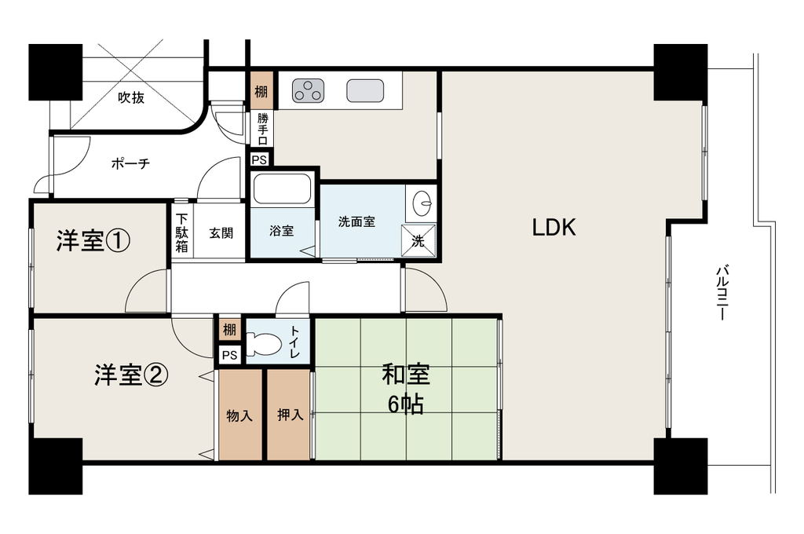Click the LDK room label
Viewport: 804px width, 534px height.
(x=554, y=227)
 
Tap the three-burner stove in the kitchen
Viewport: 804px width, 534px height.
(x=308, y=91)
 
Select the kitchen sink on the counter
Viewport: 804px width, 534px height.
(x=365, y=91)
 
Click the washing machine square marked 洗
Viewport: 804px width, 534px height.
(x=418, y=240)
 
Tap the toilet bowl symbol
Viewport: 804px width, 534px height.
(x=264, y=344)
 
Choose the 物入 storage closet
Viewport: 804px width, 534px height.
(x=240, y=415)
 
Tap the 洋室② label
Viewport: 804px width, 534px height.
(x=131, y=375)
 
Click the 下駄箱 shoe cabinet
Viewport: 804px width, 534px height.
(x=182, y=233)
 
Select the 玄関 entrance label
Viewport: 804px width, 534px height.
(x=221, y=233)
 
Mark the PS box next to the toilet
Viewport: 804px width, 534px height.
(x=230, y=355)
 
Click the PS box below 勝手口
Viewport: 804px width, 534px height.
(x=259, y=159)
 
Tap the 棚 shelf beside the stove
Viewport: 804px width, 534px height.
(x=261, y=92)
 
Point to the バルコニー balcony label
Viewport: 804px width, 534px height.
(x=723, y=293)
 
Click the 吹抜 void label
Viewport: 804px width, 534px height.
(x=131, y=97)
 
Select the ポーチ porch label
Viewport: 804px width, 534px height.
(x=131, y=163)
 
